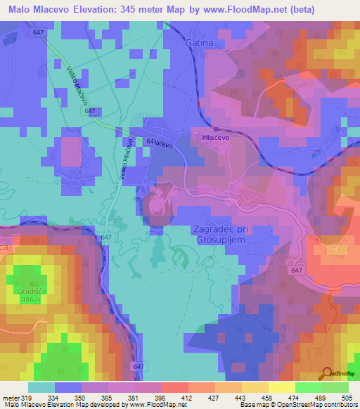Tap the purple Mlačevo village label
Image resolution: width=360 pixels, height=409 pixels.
[216, 138]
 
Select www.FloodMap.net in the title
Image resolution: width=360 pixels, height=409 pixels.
[234, 9]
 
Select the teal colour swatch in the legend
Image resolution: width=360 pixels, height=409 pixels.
[41, 387]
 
